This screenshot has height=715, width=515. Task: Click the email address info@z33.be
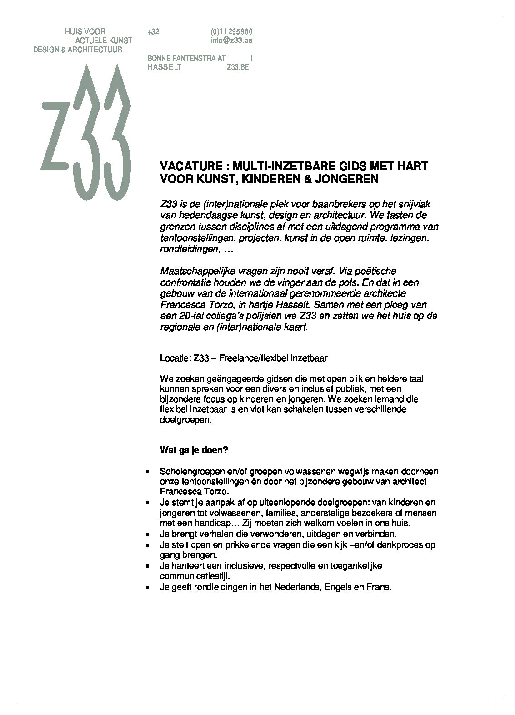tap(231, 40)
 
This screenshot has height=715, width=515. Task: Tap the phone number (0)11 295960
tap(231, 32)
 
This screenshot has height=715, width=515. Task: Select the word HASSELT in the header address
tap(165, 67)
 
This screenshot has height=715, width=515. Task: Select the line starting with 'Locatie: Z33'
tap(244, 358)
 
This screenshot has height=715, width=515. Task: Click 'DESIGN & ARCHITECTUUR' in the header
tap(78, 50)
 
